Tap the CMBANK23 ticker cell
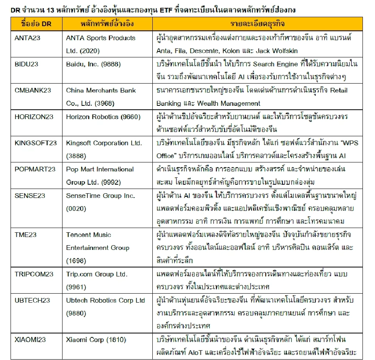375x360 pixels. point(33,90)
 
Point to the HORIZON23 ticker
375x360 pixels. point(34,116)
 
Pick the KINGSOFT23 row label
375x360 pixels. point(36,143)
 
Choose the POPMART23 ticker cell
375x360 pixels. point(35,169)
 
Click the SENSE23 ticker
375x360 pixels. point(30,195)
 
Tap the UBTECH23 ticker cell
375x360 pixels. point(32,300)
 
